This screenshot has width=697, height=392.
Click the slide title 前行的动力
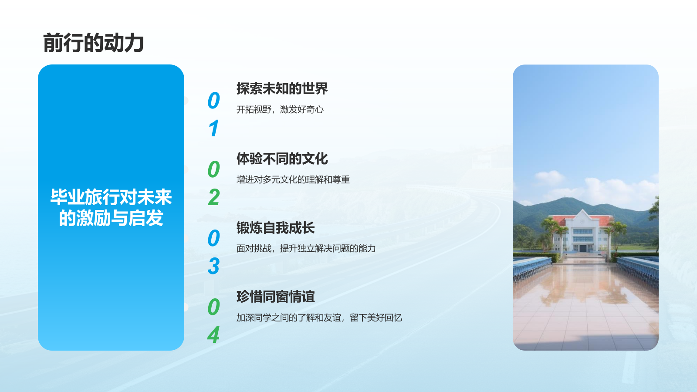click(x=93, y=43)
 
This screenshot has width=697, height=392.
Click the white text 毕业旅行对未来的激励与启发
click(x=111, y=207)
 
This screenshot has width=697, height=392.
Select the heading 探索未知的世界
click(x=282, y=89)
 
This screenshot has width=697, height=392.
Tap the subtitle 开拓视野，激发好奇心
click(x=280, y=109)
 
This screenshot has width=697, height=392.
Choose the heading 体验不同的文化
click(x=282, y=159)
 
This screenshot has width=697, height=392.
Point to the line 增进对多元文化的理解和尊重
click(x=293, y=179)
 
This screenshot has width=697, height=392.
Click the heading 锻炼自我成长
click(x=275, y=228)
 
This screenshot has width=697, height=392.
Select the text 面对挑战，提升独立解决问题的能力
click(x=306, y=248)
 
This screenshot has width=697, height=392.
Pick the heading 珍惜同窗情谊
click(x=275, y=297)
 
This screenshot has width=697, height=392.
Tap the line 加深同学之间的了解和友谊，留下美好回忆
click(x=319, y=318)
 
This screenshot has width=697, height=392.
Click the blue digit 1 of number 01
click(x=214, y=129)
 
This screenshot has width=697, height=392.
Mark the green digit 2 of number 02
click(x=214, y=197)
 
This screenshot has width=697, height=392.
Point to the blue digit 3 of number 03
click(x=214, y=266)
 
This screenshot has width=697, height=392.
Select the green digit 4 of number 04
click(x=213, y=335)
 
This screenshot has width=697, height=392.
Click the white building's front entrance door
click(x=583, y=248)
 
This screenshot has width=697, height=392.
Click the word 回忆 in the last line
click(x=393, y=318)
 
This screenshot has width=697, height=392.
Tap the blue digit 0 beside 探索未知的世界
click(x=214, y=101)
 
